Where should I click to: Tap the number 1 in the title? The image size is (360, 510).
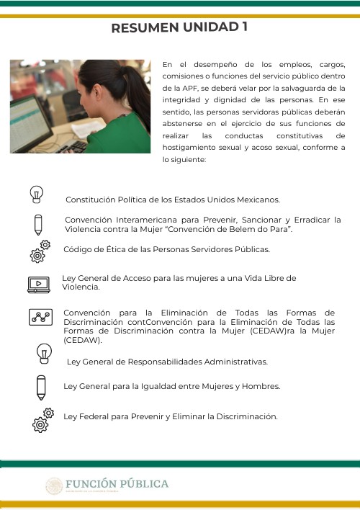(245, 27)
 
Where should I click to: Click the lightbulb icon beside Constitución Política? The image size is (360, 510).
(37, 194)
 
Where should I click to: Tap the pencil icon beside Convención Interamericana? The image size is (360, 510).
(39, 224)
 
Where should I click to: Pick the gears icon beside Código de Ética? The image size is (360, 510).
(40, 251)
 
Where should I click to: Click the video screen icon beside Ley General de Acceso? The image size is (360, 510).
(38, 285)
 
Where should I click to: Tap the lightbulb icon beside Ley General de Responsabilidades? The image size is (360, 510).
(45, 354)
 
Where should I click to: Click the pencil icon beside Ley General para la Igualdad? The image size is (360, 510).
(41, 386)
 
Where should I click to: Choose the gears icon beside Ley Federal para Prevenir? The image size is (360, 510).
(42, 419)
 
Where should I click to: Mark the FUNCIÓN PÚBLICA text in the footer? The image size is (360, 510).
(117, 484)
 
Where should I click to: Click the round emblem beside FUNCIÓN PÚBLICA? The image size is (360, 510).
(55, 486)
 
